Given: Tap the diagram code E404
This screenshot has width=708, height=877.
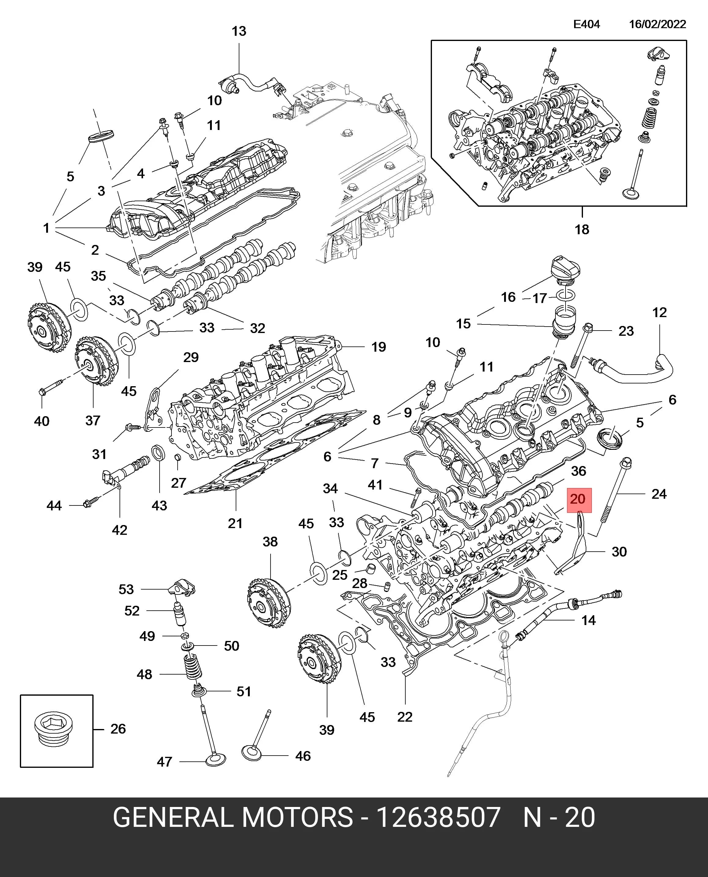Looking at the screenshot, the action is tap(586, 24).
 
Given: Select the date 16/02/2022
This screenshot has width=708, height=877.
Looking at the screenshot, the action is tap(658, 24).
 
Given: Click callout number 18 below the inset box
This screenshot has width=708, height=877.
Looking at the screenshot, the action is tap(582, 229).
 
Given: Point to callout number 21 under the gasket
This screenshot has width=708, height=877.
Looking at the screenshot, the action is tap(235, 523).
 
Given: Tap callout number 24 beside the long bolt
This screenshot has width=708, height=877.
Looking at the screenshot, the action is tap(659, 494).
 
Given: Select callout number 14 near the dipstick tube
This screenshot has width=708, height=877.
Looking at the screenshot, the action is tap(588, 620).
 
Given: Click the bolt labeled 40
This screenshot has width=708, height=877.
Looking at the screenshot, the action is tap(51, 387).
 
